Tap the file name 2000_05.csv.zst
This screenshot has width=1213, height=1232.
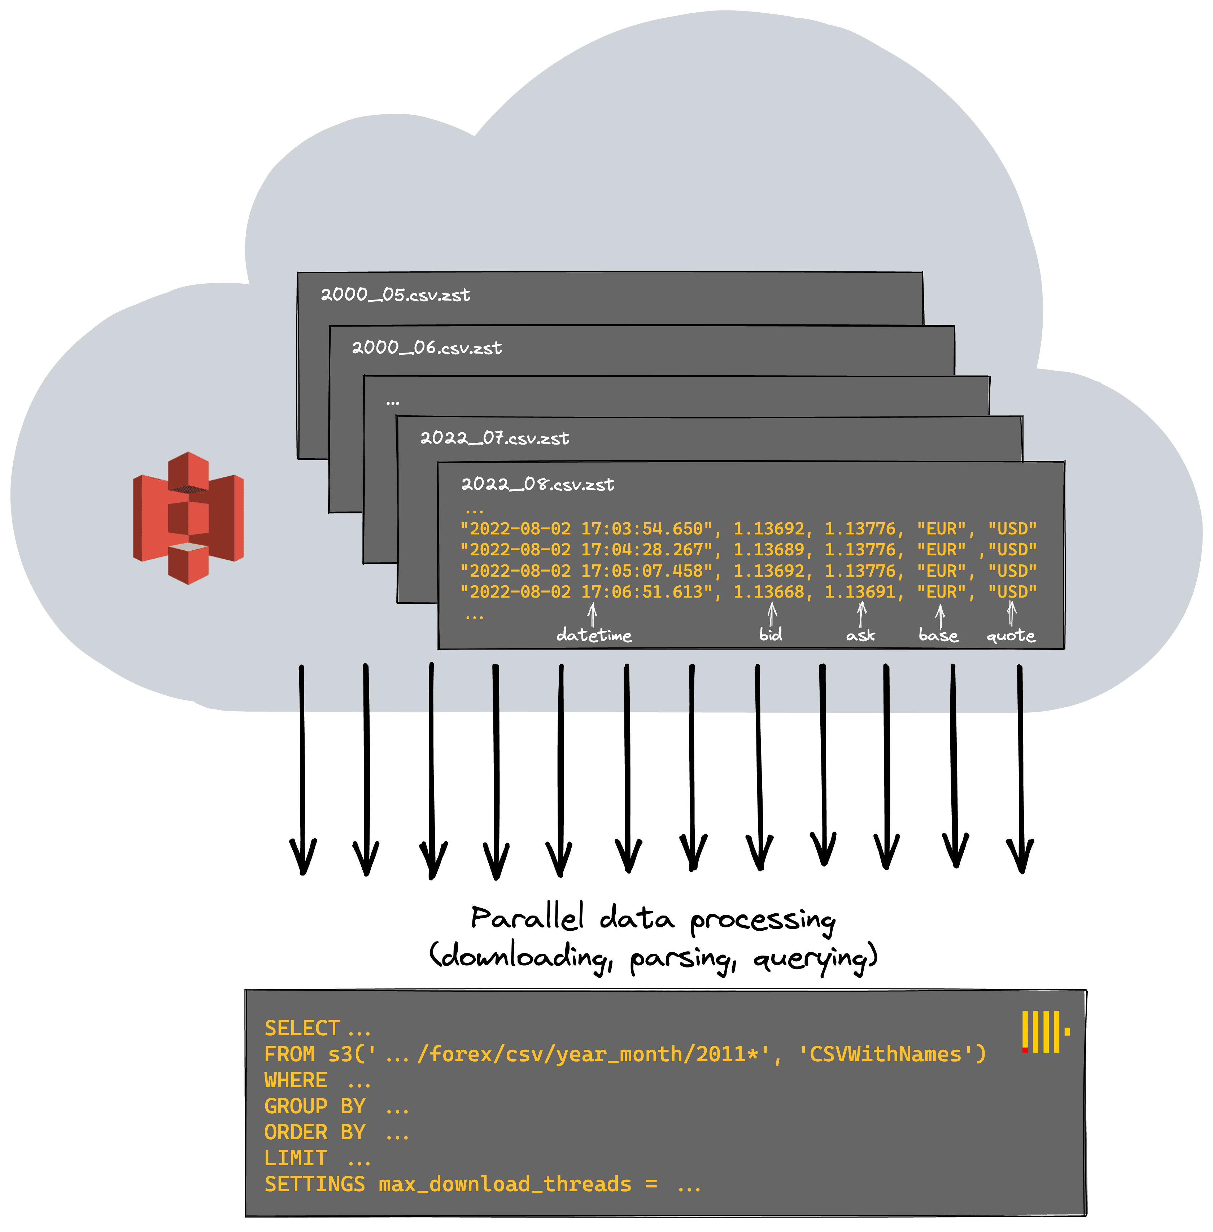(395, 295)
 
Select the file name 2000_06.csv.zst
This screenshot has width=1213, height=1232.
(427, 348)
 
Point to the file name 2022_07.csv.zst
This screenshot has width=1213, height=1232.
(494, 438)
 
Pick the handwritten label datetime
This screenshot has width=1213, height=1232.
(594, 635)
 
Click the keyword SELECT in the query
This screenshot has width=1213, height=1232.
(302, 1028)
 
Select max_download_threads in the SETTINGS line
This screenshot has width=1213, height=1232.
(505, 1184)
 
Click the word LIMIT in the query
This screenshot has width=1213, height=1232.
(296, 1158)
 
